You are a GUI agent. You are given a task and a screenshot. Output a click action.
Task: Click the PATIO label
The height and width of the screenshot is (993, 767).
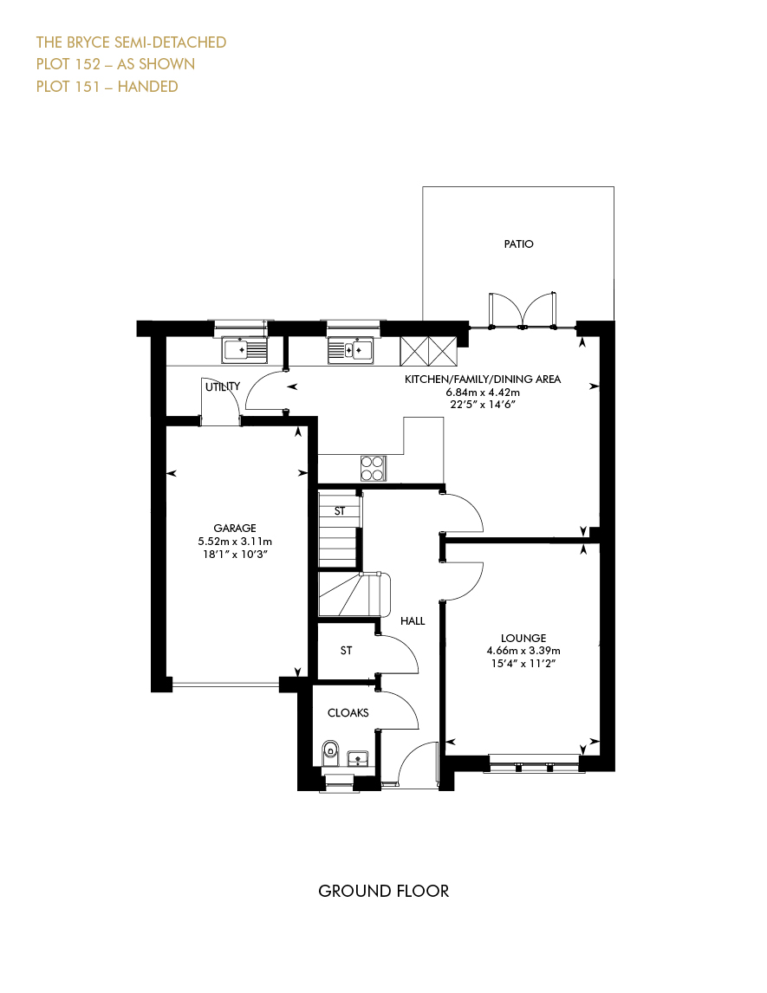[519, 243]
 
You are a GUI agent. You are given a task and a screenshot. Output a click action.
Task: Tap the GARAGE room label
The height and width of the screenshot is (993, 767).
[235, 529]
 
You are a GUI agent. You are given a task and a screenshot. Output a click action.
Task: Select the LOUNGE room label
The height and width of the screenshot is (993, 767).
[523, 639]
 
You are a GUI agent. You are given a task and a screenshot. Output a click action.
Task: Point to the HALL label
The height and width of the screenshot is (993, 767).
[413, 621]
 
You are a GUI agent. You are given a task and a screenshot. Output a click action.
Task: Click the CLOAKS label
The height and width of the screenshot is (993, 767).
[348, 713]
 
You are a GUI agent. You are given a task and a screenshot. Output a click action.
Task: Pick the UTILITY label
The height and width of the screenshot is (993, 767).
[223, 386]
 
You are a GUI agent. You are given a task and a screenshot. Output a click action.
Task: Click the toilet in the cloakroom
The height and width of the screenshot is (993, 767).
[330, 752]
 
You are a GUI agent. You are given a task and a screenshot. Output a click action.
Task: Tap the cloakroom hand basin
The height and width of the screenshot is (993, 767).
[358, 758]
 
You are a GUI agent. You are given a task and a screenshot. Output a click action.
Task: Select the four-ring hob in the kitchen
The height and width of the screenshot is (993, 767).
[373, 469]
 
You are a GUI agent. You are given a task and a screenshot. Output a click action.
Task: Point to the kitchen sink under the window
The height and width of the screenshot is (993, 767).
[351, 350]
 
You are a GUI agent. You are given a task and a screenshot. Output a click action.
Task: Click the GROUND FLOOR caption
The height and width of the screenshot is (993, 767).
[384, 891]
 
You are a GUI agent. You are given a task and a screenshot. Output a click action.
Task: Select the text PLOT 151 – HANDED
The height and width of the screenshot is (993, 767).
[107, 87]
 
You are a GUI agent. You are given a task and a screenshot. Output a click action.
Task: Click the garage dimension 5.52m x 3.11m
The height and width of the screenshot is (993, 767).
[235, 542]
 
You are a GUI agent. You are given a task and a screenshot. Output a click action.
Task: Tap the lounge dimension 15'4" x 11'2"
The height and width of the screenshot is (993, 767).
[523, 664]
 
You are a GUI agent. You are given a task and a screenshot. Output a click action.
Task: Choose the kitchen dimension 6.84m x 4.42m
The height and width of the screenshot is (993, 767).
[483, 393]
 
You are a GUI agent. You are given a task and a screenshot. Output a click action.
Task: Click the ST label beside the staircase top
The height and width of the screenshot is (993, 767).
[340, 511]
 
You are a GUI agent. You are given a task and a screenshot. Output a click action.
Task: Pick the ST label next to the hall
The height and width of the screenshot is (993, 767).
[347, 651]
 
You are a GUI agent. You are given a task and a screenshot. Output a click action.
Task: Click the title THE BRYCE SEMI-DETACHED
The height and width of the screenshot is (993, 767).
[131, 42]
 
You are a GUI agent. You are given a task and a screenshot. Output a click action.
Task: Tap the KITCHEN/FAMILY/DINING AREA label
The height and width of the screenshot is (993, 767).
[483, 380]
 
